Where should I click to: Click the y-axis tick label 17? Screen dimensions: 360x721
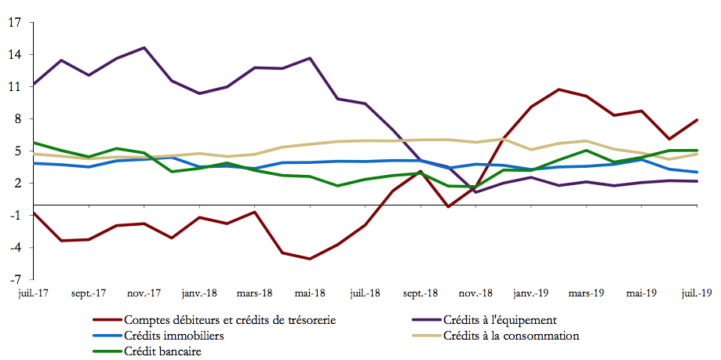pyautogui.click(x=15, y=22)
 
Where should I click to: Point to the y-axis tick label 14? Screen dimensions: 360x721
pyautogui.click(x=15, y=55)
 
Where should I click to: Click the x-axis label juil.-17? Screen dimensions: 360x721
pyautogui.click(x=33, y=293)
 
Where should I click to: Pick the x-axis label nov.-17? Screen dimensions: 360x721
pyautogui.click(x=144, y=293)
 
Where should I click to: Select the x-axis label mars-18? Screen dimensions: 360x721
pyautogui.click(x=255, y=293)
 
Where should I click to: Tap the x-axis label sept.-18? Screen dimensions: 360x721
pyautogui.click(x=421, y=293)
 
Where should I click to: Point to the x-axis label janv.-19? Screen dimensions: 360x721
pyautogui.click(x=531, y=293)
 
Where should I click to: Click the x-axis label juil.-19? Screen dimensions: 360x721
pyautogui.click(x=695, y=293)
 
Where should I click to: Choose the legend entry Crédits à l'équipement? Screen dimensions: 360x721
pyautogui.click(x=500, y=320)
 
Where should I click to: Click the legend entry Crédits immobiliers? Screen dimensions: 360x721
pyautogui.click(x=173, y=336)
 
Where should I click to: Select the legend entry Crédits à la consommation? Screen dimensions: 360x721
pyautogui.click(x=511, y=336)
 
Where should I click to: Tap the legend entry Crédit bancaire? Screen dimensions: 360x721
pyautogui.click(x=162, y=351)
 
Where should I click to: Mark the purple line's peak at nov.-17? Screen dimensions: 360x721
pyautogui.click(x=144, y=48)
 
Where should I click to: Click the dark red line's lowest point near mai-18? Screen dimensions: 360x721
pyautogui.click(x=310, y=259)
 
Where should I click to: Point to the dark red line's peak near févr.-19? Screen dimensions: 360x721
pyautogui.click(x=559, y=89)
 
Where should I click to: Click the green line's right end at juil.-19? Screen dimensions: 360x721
pyautogui.click(x=697, y=150)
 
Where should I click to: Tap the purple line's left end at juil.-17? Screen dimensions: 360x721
pyautogui.click(x=34, y=84)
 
